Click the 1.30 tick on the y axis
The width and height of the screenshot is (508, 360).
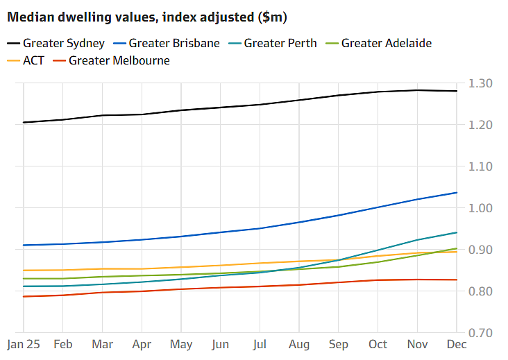[x=480, y=83]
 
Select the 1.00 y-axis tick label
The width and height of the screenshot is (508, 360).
[x=480, y=208]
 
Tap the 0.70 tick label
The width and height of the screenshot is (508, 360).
[x=480, y=333]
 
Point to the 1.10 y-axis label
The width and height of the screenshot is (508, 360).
[x=480, y=166]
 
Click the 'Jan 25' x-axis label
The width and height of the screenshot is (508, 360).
[x=23, y=344]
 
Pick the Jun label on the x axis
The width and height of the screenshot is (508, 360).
[x=221, y=344]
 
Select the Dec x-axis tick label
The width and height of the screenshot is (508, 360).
[x=457, y=344]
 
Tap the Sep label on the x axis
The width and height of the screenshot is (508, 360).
[x=339, y=344]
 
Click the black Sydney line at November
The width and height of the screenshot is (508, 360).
[x=417, y=90]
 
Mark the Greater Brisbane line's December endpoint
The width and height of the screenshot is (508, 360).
[x=457, y=192]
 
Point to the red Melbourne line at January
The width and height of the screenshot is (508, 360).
[x=24, y=296]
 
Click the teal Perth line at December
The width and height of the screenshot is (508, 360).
[x=457, y=232]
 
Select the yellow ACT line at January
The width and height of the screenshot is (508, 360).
[x=24, y=271]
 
